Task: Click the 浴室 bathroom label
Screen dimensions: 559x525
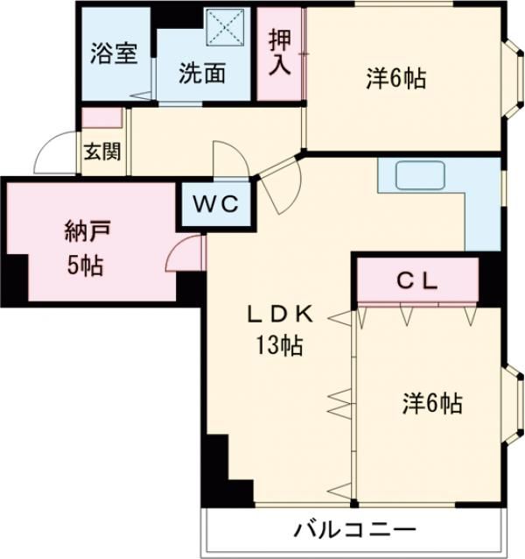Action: coord(115,53)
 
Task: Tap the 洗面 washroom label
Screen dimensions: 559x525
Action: coord(203,74)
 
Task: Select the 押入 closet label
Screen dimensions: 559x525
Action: coord(279,53)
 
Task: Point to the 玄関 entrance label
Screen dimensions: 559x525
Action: coord(101,151)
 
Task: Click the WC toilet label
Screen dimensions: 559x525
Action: coord(216,205)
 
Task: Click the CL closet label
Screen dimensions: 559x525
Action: coord(417,280)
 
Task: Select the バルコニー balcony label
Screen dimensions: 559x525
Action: coord(354,530)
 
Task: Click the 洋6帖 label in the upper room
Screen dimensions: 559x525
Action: coord(395,79)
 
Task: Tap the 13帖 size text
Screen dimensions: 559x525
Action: coord(279,346)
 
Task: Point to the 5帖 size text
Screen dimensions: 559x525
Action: coord(86,265)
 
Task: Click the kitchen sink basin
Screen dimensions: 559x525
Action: coord(423,176)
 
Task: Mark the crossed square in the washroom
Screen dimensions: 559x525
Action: coord(228,28)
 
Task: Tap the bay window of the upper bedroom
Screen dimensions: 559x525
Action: coord(513,79)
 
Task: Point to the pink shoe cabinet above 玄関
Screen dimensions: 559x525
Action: coord(101,117)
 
